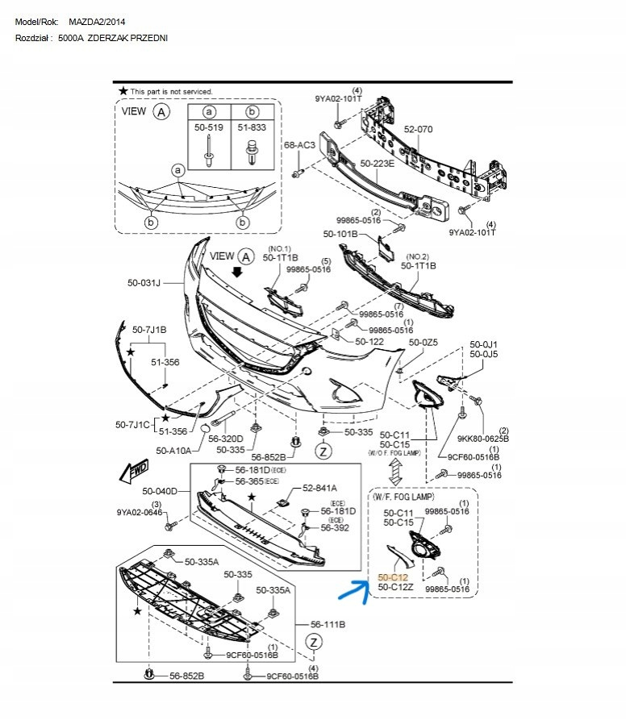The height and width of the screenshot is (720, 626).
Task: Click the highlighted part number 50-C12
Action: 393,577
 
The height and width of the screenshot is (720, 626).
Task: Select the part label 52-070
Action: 418,130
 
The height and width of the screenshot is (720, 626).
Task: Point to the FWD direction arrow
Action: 134,470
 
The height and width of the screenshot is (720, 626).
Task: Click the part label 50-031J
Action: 144,283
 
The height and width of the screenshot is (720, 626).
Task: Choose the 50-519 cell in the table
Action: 208,143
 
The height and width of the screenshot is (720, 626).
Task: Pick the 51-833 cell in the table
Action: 252,143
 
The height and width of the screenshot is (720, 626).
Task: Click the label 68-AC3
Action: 299,145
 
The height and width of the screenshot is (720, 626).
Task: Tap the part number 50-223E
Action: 377,164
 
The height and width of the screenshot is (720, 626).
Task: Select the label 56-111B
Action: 328,625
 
